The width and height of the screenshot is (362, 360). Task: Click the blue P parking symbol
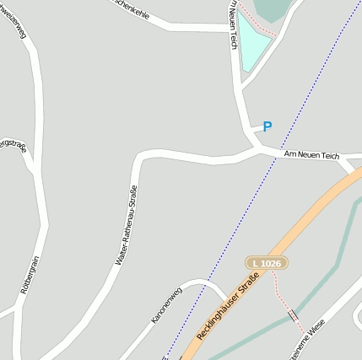coord(267,127)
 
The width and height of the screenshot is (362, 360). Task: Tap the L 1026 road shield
coord(267,264)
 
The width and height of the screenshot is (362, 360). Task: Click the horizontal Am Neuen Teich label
coord(311,155)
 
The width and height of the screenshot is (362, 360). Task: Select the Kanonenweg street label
coord(166,306)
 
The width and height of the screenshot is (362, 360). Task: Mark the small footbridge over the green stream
coord(293,314)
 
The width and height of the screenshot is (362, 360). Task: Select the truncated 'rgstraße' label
coord(14,145)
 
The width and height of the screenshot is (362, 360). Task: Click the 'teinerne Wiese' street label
coord(307,345)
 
